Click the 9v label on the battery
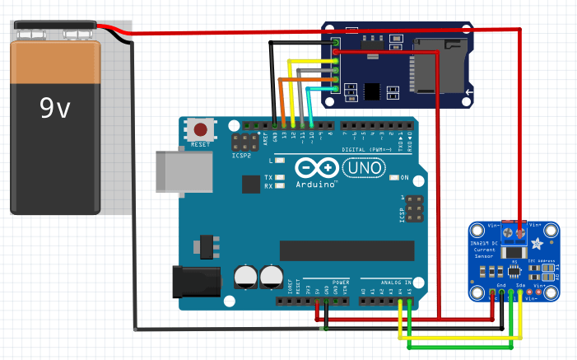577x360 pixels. click(55, 108)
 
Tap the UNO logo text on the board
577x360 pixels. click(362, 167)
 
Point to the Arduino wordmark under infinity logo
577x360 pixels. click(316, 184)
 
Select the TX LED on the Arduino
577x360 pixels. click(281, 178)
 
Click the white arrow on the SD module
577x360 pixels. click(468, 96)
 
